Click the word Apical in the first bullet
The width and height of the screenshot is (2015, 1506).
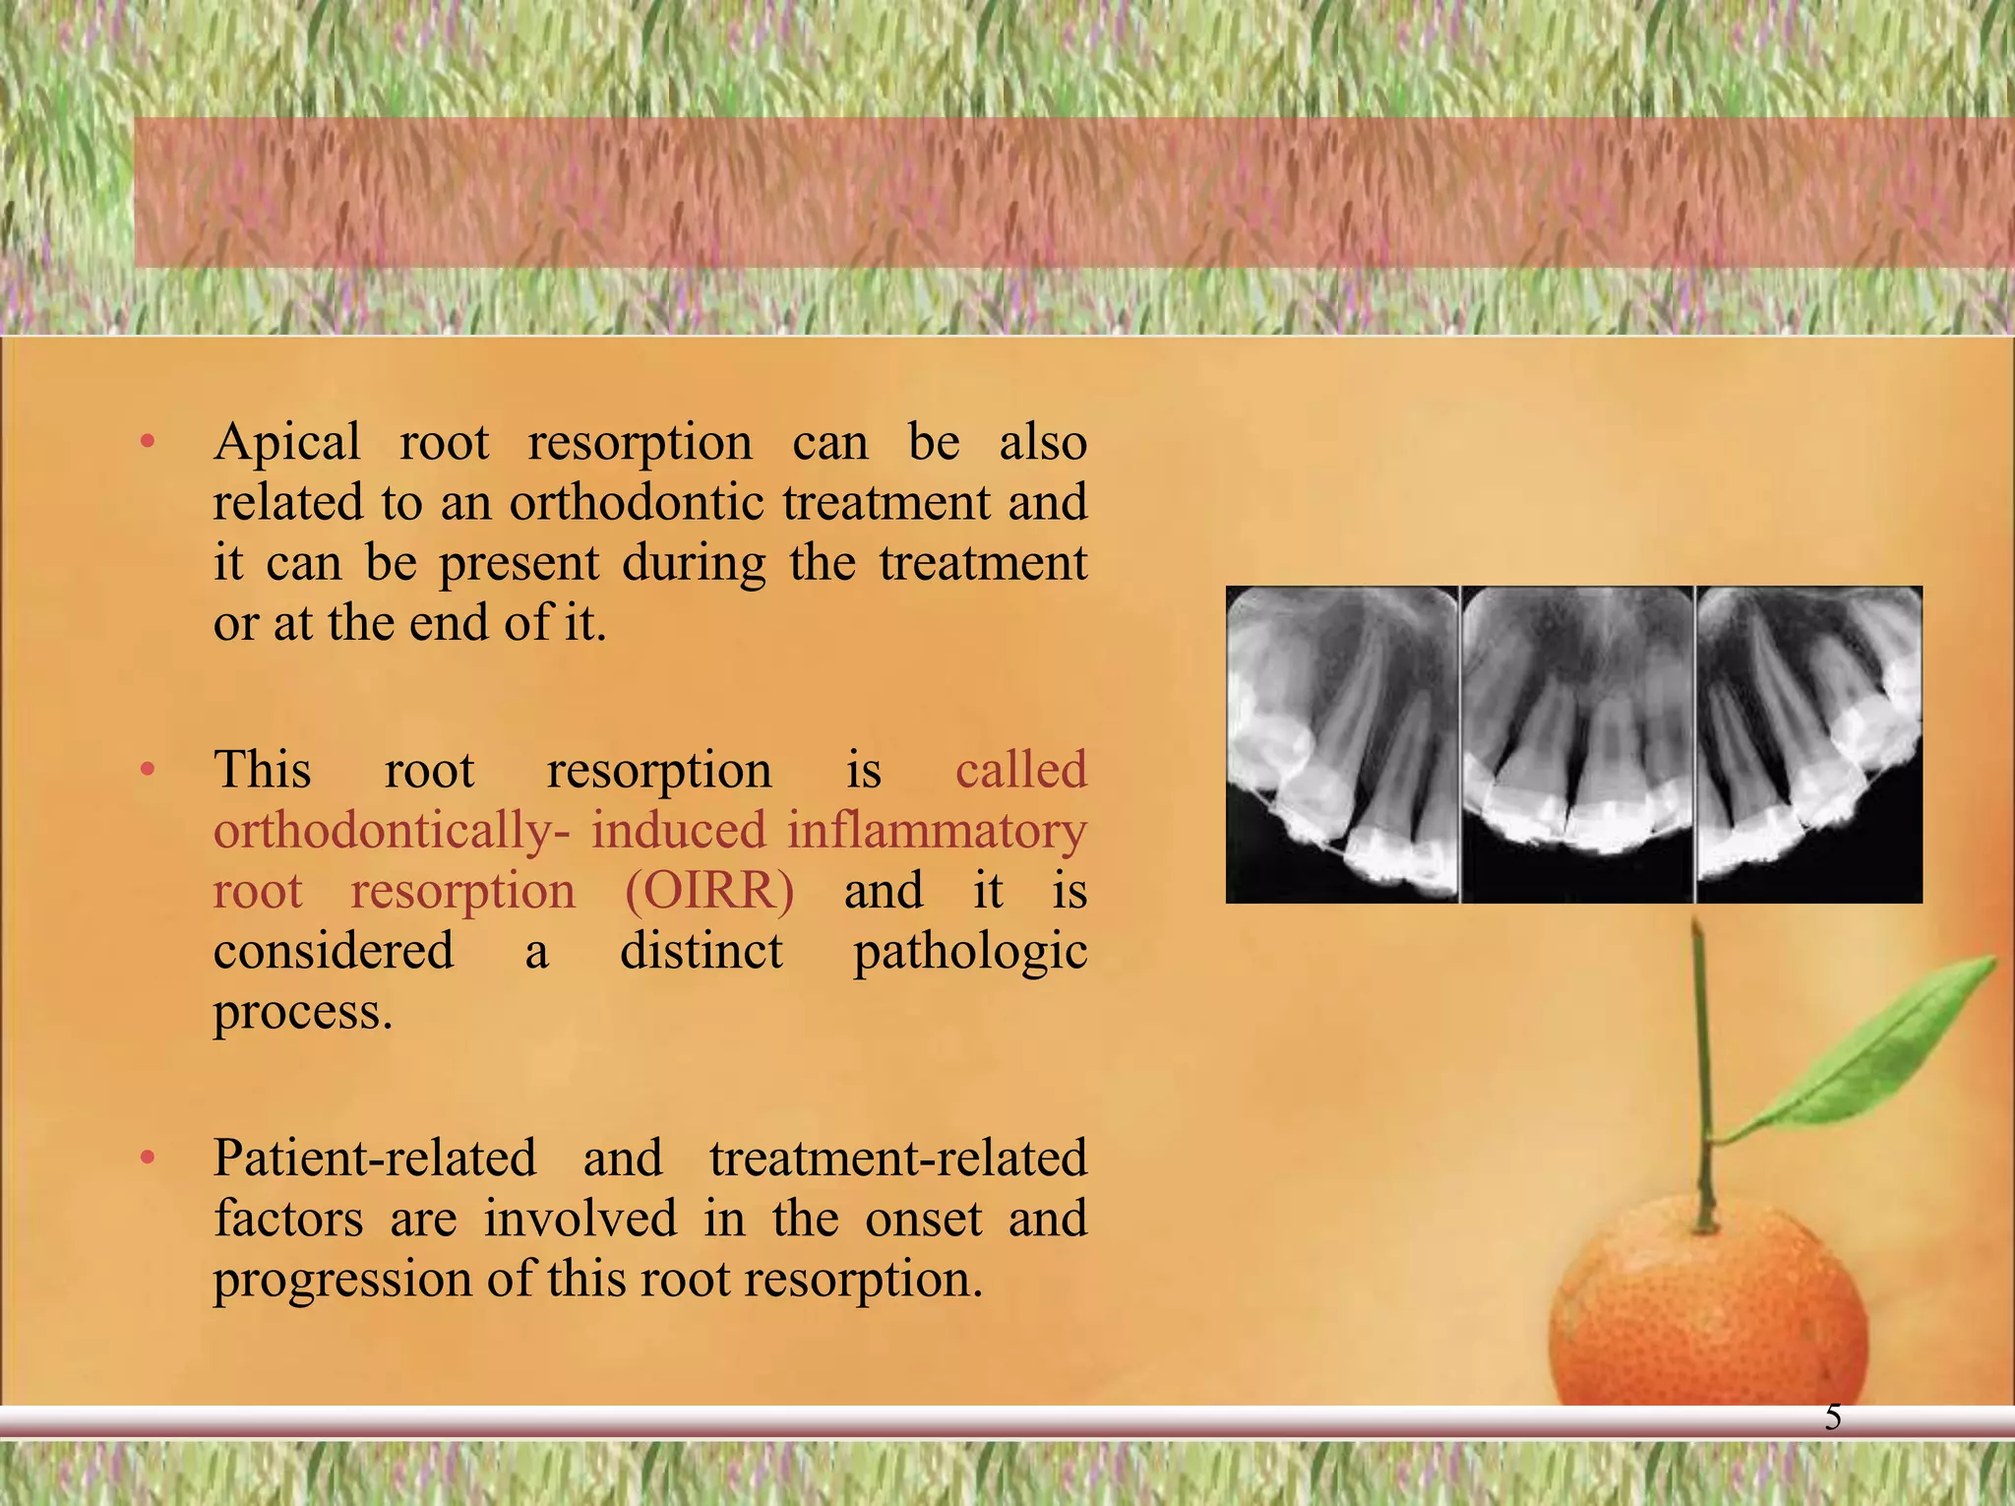coord(287,443)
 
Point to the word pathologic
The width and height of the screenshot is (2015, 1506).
coord(969,952)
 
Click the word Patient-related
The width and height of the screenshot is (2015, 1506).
coord(375,1159)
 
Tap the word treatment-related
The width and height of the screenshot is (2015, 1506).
coord(897,1159)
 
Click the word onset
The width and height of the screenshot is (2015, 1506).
coord(924,1220)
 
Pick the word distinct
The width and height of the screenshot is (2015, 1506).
coord(701,952)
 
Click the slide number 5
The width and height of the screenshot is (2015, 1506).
coord(1833,1417)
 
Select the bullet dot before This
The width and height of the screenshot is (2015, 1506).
coord(148,770)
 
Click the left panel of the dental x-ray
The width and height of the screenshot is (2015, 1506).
coord(1341,744)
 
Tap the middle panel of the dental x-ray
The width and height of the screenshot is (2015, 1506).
coord(1577,744)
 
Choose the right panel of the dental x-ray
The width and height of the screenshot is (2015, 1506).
coord(1808,744)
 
